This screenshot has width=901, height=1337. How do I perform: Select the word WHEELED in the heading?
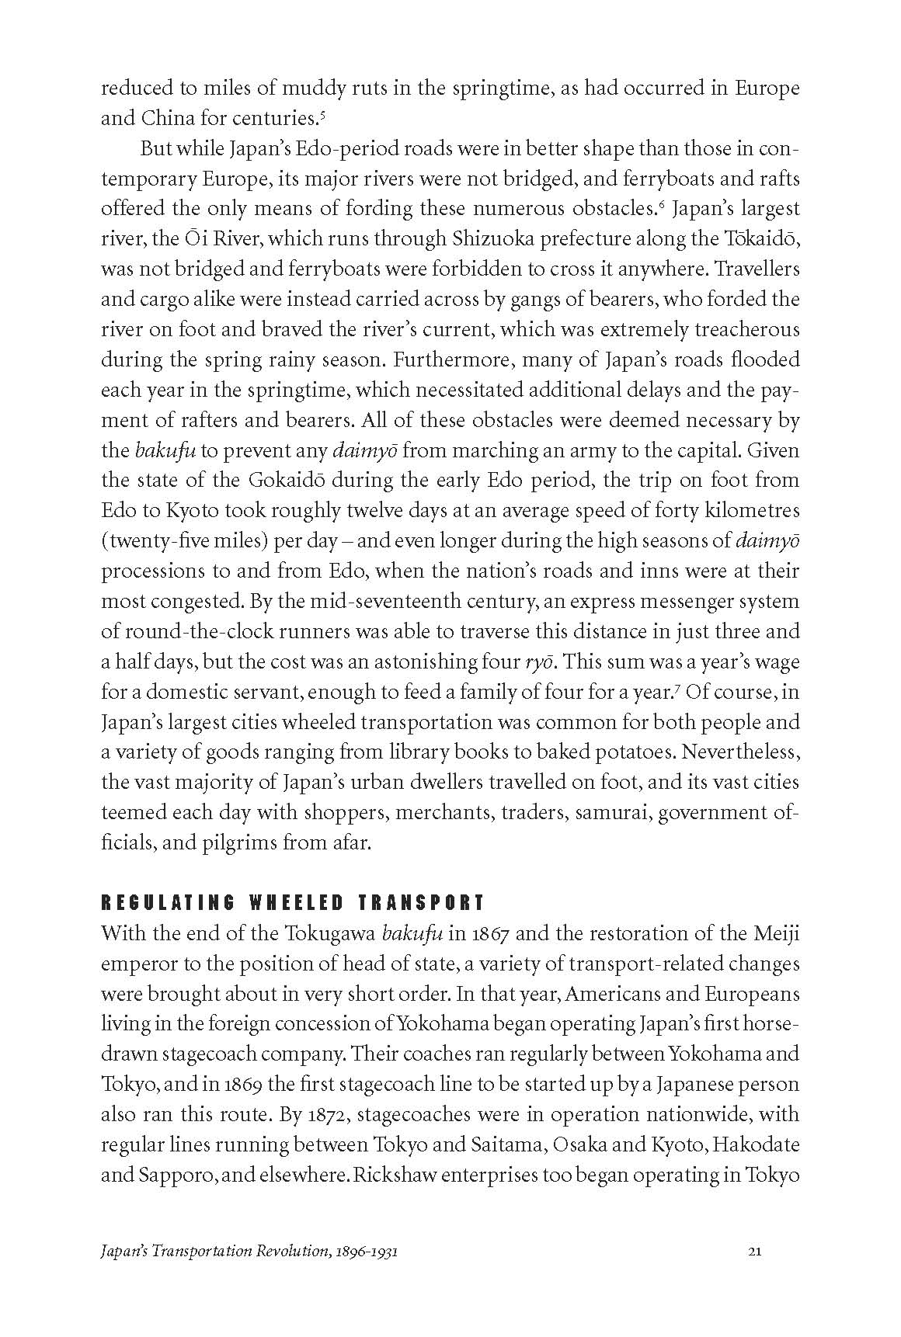coord(296,902)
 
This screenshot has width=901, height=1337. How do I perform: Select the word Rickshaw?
coord(397,1175)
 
